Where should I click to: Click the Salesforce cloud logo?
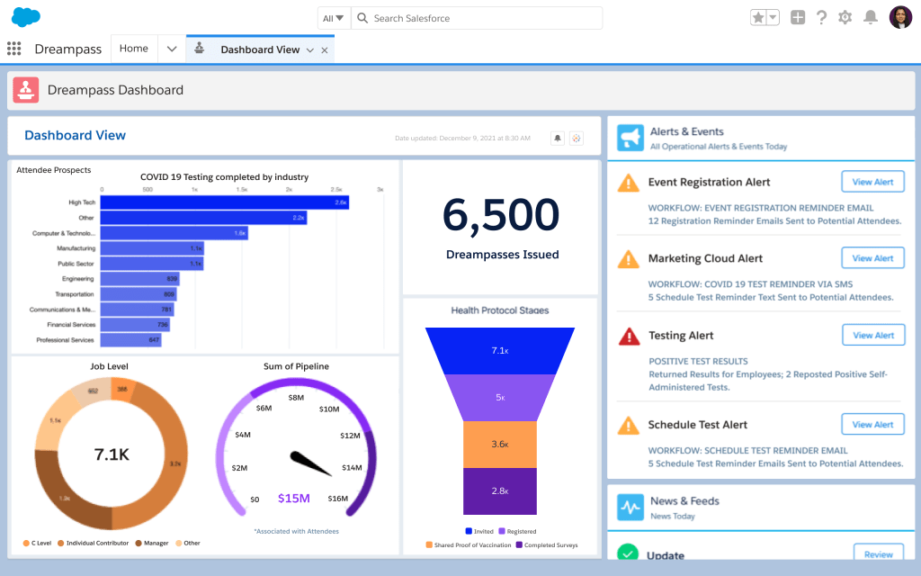pos(26,17)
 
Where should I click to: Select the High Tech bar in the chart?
pos(225,202)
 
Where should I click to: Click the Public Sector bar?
pos(152,264)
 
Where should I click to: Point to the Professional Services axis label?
pos(66,340)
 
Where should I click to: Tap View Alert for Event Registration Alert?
pos(872,182)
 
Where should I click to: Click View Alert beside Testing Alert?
pos(872,335)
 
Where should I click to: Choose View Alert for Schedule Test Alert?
pos(872,424)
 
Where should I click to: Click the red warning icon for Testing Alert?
pos(629,336)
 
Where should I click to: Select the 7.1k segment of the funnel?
pos(500,350)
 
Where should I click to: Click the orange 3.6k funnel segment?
pos(500,444)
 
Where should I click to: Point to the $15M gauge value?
pos(293,499)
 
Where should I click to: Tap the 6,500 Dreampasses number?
pos(501,216)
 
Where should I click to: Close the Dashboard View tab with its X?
pos(325,50)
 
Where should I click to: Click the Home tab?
pos(134,49)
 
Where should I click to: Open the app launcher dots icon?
pos(13,49)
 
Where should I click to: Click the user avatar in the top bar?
pos(900,17)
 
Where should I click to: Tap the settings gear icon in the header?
pos(845,17)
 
